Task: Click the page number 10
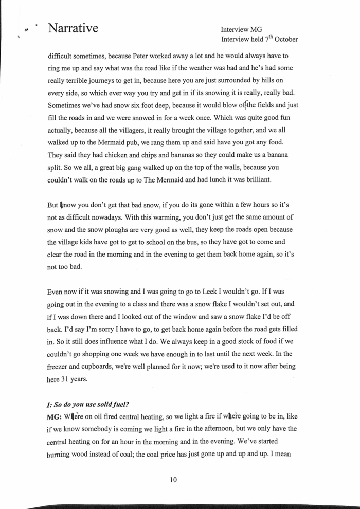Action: [x=173, y=480]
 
